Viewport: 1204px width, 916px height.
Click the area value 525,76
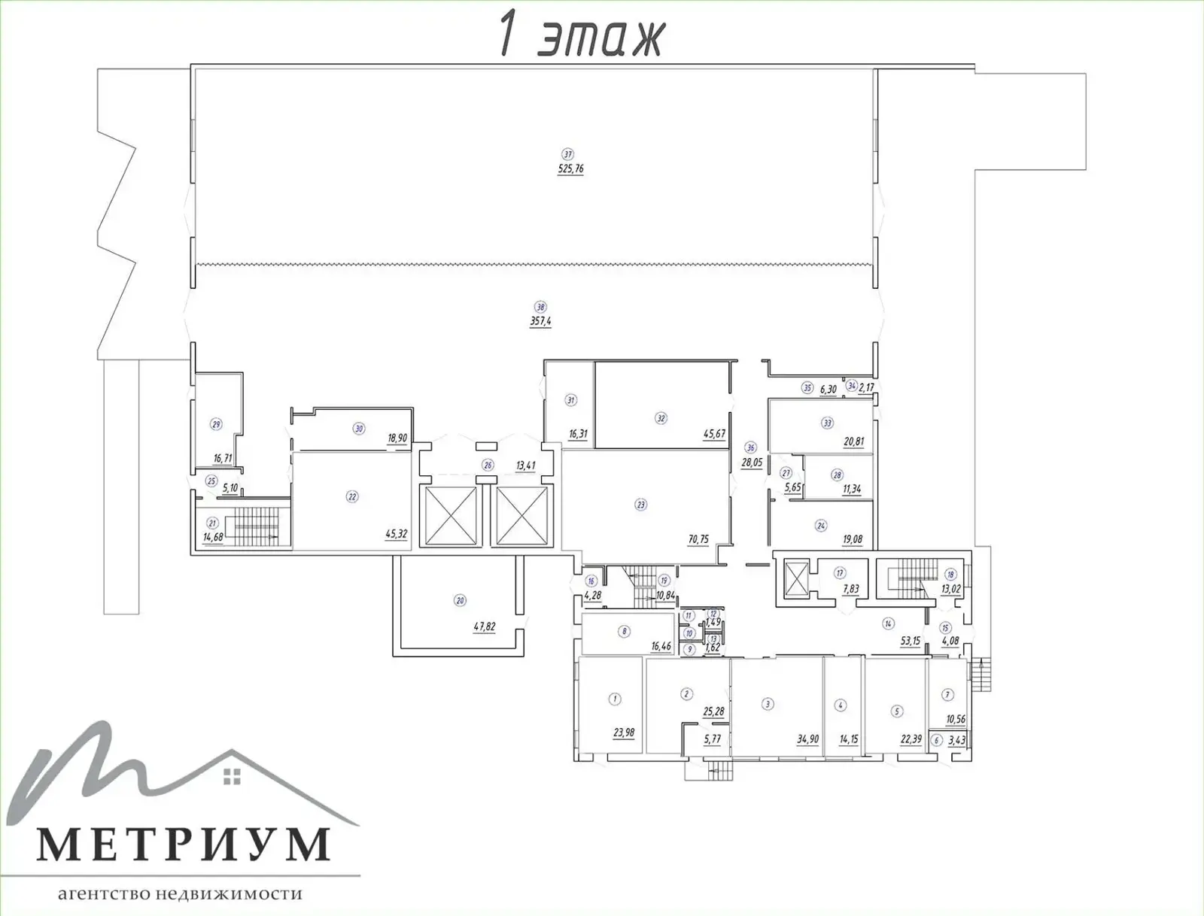[x=570, y=169]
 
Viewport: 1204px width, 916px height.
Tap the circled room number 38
[x=540, y=307]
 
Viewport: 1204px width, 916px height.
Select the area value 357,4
[x=540, y=321]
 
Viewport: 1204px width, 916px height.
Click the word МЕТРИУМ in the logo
[x=184, y=845]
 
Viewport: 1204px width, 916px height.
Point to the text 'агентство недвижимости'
[x=180, y=894]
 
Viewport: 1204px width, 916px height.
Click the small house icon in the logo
[x=233, y=776]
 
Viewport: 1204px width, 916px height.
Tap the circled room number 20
[x=460, y=600]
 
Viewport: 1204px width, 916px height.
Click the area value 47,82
[x=484, y=626]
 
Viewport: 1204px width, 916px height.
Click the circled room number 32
[x=661, y=418]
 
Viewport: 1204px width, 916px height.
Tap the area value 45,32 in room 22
[x=396, y=535]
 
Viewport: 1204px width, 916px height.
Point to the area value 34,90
[x=807, y=740]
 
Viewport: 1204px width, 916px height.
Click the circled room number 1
[x=615, y=699]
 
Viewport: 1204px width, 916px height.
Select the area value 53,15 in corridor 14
[x=911, y=642]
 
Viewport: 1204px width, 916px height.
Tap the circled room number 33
[x=828, y=423]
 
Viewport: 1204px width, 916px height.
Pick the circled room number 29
[x=217, y=424]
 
